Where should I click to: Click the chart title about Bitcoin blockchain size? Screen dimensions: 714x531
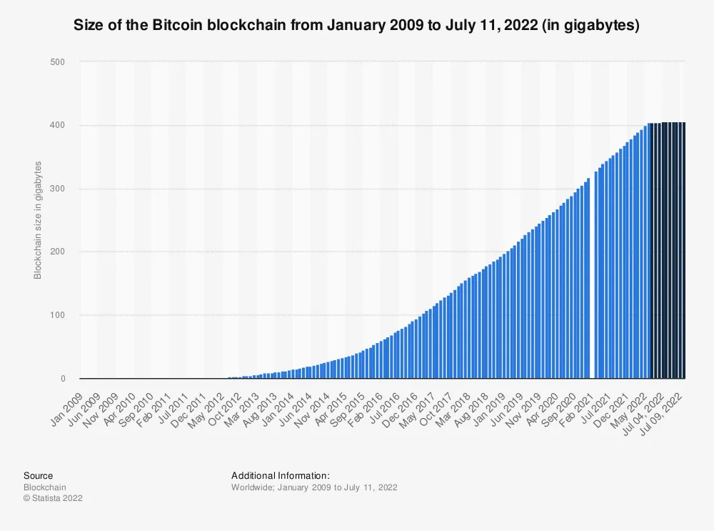point(356,24)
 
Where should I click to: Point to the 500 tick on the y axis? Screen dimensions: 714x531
point(57,62)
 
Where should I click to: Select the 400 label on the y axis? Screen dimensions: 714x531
point(57,125)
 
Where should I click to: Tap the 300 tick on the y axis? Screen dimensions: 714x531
point(57,188)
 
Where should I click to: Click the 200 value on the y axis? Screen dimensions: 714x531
point(57,252)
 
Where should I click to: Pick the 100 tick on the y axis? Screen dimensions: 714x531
point(57,315)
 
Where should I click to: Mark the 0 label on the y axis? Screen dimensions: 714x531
point(63,378)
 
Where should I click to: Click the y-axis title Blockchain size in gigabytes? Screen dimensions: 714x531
point(38,220)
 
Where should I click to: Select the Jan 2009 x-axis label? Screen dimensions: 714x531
point(67,410)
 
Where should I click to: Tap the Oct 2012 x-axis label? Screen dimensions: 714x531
point(224,410)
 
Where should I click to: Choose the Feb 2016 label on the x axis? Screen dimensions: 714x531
point(365,410)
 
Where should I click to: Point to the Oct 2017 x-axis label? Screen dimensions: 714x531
point(435,410)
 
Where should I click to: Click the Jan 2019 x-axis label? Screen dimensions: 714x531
point(489,410)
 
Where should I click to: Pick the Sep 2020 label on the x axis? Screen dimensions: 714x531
point(558,410)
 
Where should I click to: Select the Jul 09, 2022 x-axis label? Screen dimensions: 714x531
point(661,414)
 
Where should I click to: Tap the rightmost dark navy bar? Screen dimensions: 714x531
point(683,250)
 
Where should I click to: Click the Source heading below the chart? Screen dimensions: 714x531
point(39,476)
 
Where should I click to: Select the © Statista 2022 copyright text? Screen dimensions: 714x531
point(54,498)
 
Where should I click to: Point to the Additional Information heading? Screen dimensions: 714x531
point(281,476)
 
